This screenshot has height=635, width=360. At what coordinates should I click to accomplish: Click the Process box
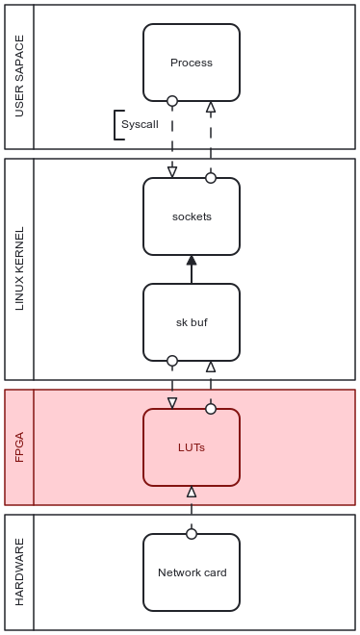(191, 63)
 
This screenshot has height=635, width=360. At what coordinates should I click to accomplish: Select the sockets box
(191, 216)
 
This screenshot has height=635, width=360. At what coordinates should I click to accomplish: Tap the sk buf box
(191, 322)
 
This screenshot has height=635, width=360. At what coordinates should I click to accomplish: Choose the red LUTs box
(191, 447)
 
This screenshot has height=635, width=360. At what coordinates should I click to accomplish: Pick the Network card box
(191, 572)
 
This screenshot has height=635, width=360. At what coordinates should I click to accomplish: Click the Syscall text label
(140, 125)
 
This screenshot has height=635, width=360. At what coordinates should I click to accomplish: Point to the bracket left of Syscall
(117, 125)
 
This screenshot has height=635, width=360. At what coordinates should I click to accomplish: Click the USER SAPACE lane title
(19, 77)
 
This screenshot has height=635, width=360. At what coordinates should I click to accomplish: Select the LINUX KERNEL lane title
(19, 269)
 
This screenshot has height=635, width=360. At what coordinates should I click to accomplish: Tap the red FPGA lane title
(19, 447)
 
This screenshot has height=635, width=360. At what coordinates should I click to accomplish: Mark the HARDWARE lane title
(19, 572)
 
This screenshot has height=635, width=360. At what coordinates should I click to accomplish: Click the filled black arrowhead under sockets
(192, 261)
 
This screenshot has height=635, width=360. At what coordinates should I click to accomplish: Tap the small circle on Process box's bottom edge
(172, 101)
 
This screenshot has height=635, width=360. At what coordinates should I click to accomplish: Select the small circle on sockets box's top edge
(211, 178)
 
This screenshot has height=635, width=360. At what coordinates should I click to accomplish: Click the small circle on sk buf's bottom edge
(172, 361)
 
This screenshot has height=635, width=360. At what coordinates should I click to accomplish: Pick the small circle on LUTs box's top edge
(211, 409)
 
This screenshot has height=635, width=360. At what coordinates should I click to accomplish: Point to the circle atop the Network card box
(192, 534)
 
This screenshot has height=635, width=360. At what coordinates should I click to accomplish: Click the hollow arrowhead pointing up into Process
(211, 107)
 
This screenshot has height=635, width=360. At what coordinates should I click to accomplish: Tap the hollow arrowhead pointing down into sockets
(172, 172)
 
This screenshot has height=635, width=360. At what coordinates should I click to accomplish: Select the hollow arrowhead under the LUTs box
(192, 492)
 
